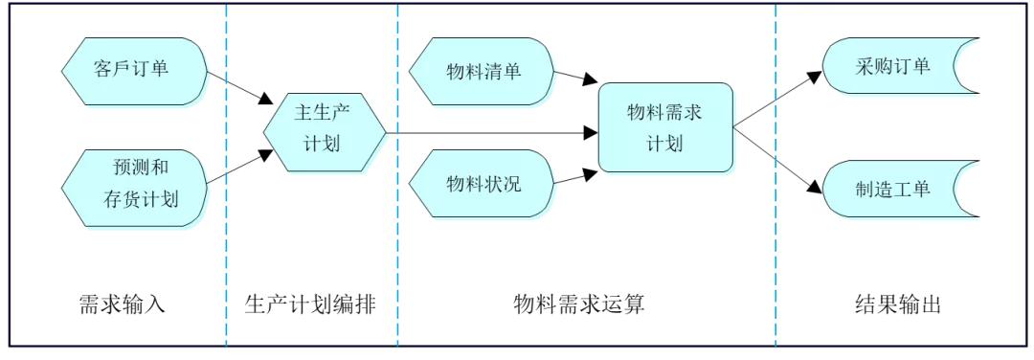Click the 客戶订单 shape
click(x=133, y=68)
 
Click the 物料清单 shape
click(x=483, y=71)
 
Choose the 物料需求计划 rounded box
click(x=665, y=127)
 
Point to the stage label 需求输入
click(x=122, y=304)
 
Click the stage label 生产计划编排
click(x=310, y=304)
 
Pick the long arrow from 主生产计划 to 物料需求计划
click(x=488, y=132)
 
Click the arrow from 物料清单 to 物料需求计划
click(x=572, y=77)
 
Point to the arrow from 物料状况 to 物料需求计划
click(x=572, y=177)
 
